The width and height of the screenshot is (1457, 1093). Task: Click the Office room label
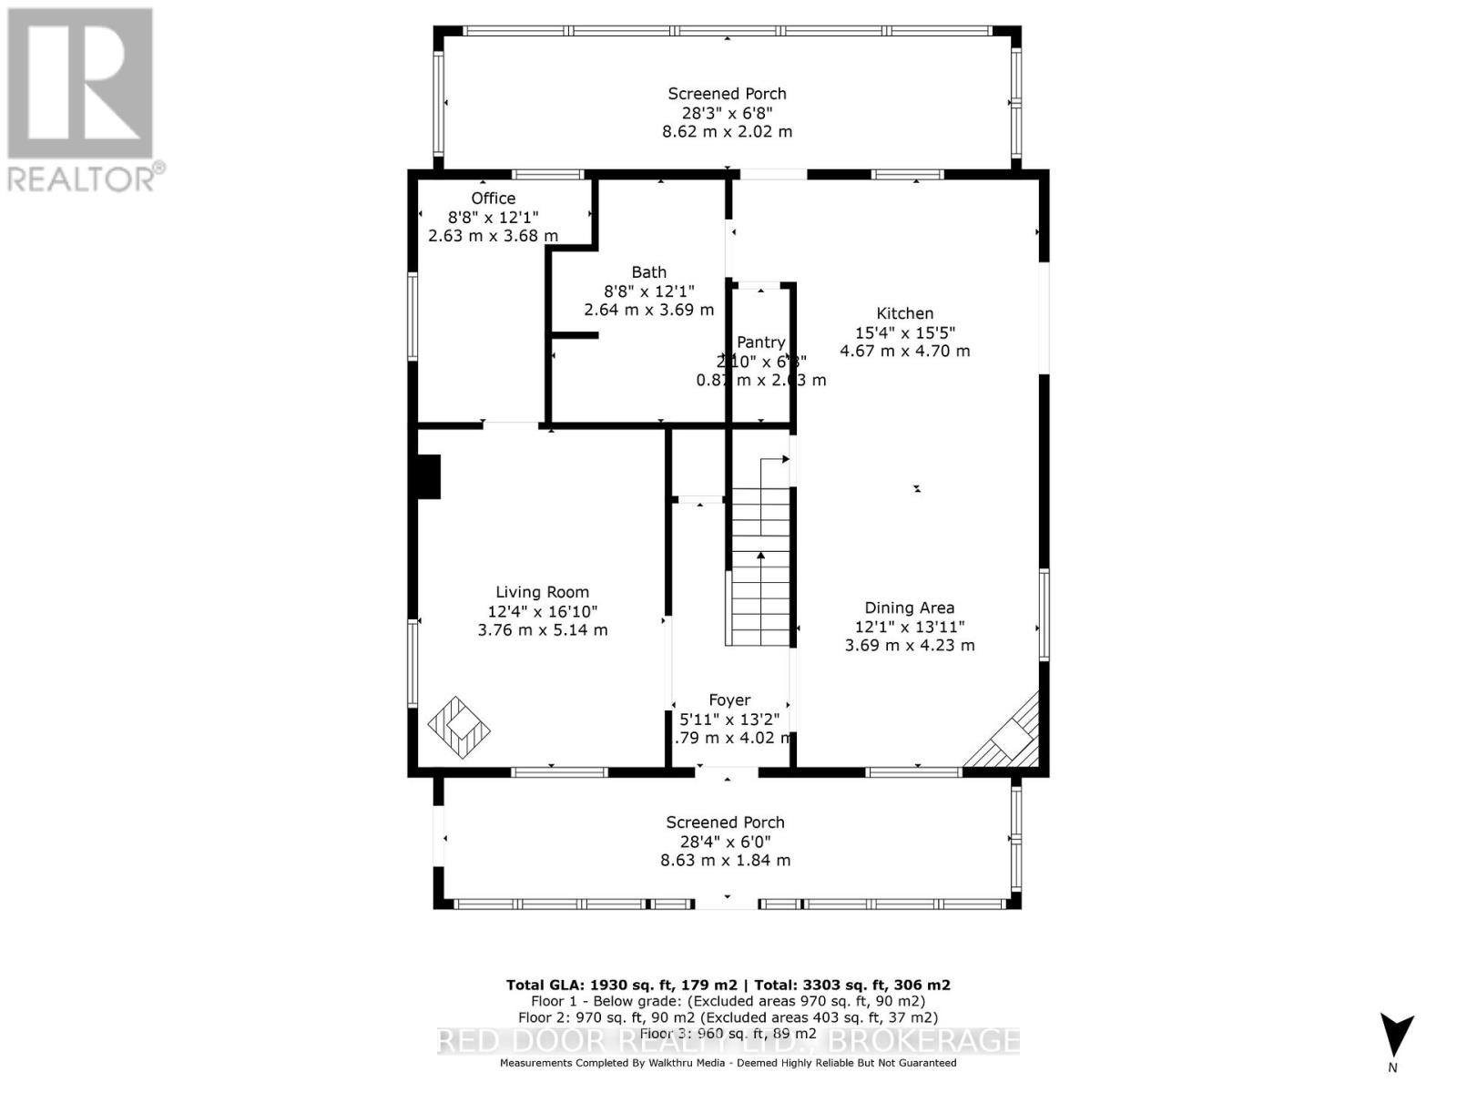(493, 199)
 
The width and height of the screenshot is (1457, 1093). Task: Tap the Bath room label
(648, 272)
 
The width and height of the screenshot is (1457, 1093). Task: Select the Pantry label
(760, 342)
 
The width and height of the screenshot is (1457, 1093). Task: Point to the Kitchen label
(904, 313)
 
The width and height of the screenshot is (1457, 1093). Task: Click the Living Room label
(542, 592)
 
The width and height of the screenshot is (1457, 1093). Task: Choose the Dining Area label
(909, 608)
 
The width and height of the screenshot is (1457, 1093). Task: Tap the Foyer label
(729, 700)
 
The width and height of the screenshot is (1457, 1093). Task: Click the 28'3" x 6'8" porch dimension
(727, 112)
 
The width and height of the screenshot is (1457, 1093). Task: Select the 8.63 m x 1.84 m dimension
(725, 860)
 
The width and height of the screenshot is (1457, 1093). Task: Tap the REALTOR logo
(81, 100)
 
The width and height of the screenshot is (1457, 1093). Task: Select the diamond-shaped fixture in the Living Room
(459, 728)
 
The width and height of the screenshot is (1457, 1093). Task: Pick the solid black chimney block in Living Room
(428, 476)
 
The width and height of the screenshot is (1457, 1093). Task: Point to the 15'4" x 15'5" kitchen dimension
(904, 332)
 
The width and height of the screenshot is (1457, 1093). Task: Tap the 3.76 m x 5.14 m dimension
(542, 630)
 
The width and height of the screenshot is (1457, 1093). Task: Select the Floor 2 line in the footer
(728, 1017)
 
